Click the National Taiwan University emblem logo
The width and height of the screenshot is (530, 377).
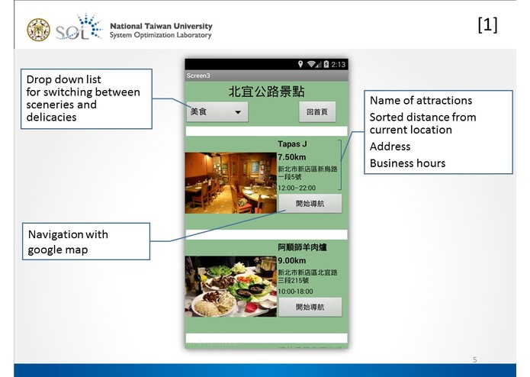pyautogui.click(x=38, y=30)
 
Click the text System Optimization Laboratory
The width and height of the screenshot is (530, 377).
pyautogui.click(x=161, y=35)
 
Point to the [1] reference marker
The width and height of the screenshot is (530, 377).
pyautogui.click(x=487, y=25)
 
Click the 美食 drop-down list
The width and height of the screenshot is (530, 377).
pyautogui.click(x=218, y=112)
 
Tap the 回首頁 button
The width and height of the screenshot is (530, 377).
pyautogui.click(x=316, y=112)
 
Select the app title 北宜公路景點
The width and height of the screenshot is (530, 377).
pyautogui.click(x=266, y=92)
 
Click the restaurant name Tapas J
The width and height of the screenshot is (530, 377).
pyautogui.click(x=292, y=143)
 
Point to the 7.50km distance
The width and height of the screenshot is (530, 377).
pyautogui.click(x=291, y=156)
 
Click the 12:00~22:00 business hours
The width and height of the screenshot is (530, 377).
pyautogui.click(x=296, y=187)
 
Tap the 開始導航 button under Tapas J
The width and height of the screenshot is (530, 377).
pyautogui.click(x=310, y=203)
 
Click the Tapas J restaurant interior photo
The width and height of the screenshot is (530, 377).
pyautogui.click(x=230, y=182)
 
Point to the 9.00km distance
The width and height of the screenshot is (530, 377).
pyautogui.click(x=291, y=260)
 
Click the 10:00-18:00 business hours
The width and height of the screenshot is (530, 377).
pyautogui.click(x=296, y=291)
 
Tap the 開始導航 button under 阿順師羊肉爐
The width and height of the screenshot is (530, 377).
pyautogui.click(x=310, y=307)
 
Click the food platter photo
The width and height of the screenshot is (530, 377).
pyautogui.click(x=230, y=286)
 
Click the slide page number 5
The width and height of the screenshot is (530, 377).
pyautogui.click(x=474, y=359)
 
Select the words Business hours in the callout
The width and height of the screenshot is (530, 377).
pyautogui.click(x=407, y=163)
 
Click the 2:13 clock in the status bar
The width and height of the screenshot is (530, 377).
pyautogui.click(x=339, y=64)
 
